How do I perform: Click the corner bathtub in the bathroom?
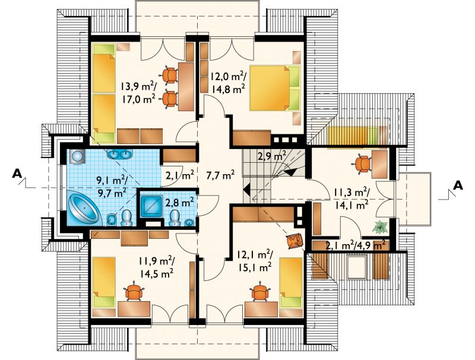pyautogui.click(x=84, y=209)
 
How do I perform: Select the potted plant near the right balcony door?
pyautogui.click(x=380, y=227)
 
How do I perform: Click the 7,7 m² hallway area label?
pyautogui.click(x=220, y=175)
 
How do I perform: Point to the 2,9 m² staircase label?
pyautogui.click(x=272, y=156)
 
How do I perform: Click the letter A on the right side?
pyautogui.click(x=458, y=185)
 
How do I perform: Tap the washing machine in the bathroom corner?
pyautogui.click(x=77, y=156)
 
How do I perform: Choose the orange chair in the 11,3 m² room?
pyautogui.click(x=362, y=164)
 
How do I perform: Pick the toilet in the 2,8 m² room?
pyautogui.click(x=175, y=218)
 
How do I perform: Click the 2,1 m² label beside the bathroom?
pyautogui.click(x=180, y=175)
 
